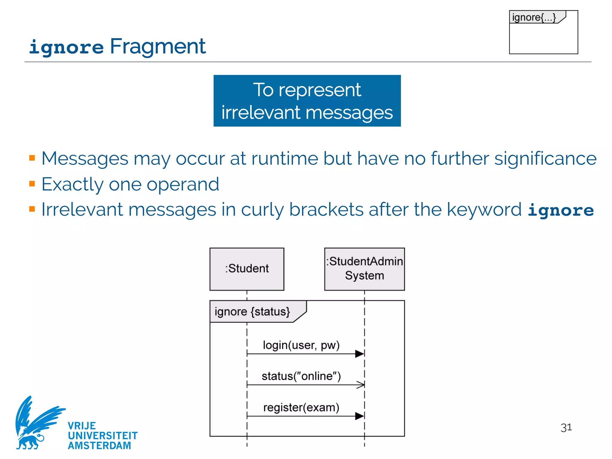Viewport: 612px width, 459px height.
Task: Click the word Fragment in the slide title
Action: click(x=158, y=47)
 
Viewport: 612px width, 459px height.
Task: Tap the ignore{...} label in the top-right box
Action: click(x=534, y=17)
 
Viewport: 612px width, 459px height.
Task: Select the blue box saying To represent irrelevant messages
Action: click(x=307, y=101)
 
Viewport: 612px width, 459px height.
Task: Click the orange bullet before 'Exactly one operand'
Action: click(x=32, y=183)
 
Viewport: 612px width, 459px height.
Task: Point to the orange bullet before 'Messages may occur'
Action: click(x=32, y=158)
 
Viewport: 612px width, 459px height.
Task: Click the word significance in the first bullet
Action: click(x=545, y=158)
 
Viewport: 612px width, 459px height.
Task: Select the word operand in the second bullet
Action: click(x=183, y=184)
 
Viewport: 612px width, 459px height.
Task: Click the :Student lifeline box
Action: click(x=247, y=269)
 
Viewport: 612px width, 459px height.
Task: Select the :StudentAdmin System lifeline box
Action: click(x=364, y=269)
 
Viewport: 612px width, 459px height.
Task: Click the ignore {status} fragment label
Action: click(x=252, y=311)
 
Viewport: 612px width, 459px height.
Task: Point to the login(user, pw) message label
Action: click(x=301, y=345)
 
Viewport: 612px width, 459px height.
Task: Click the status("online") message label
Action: click(x=301, y=376)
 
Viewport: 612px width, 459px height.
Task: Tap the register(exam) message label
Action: click(x=301, y=407)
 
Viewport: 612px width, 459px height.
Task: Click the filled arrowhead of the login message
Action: click(x=359, y=354)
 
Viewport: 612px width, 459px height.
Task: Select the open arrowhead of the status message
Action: click(x=361, y=385)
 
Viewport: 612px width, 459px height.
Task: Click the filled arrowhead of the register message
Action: click(x=359, y=416)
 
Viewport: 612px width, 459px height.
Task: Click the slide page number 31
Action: click(x=566, y=428)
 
